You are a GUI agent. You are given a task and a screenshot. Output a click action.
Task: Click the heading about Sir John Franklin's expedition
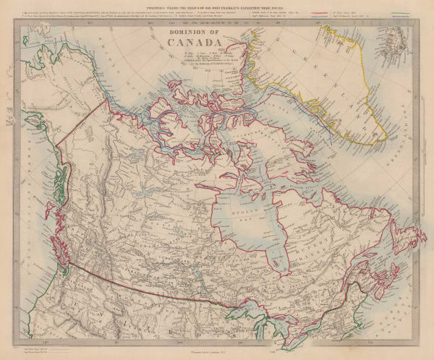click(217, 9)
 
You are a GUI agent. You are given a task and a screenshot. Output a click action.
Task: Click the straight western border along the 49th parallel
click(145, 286)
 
